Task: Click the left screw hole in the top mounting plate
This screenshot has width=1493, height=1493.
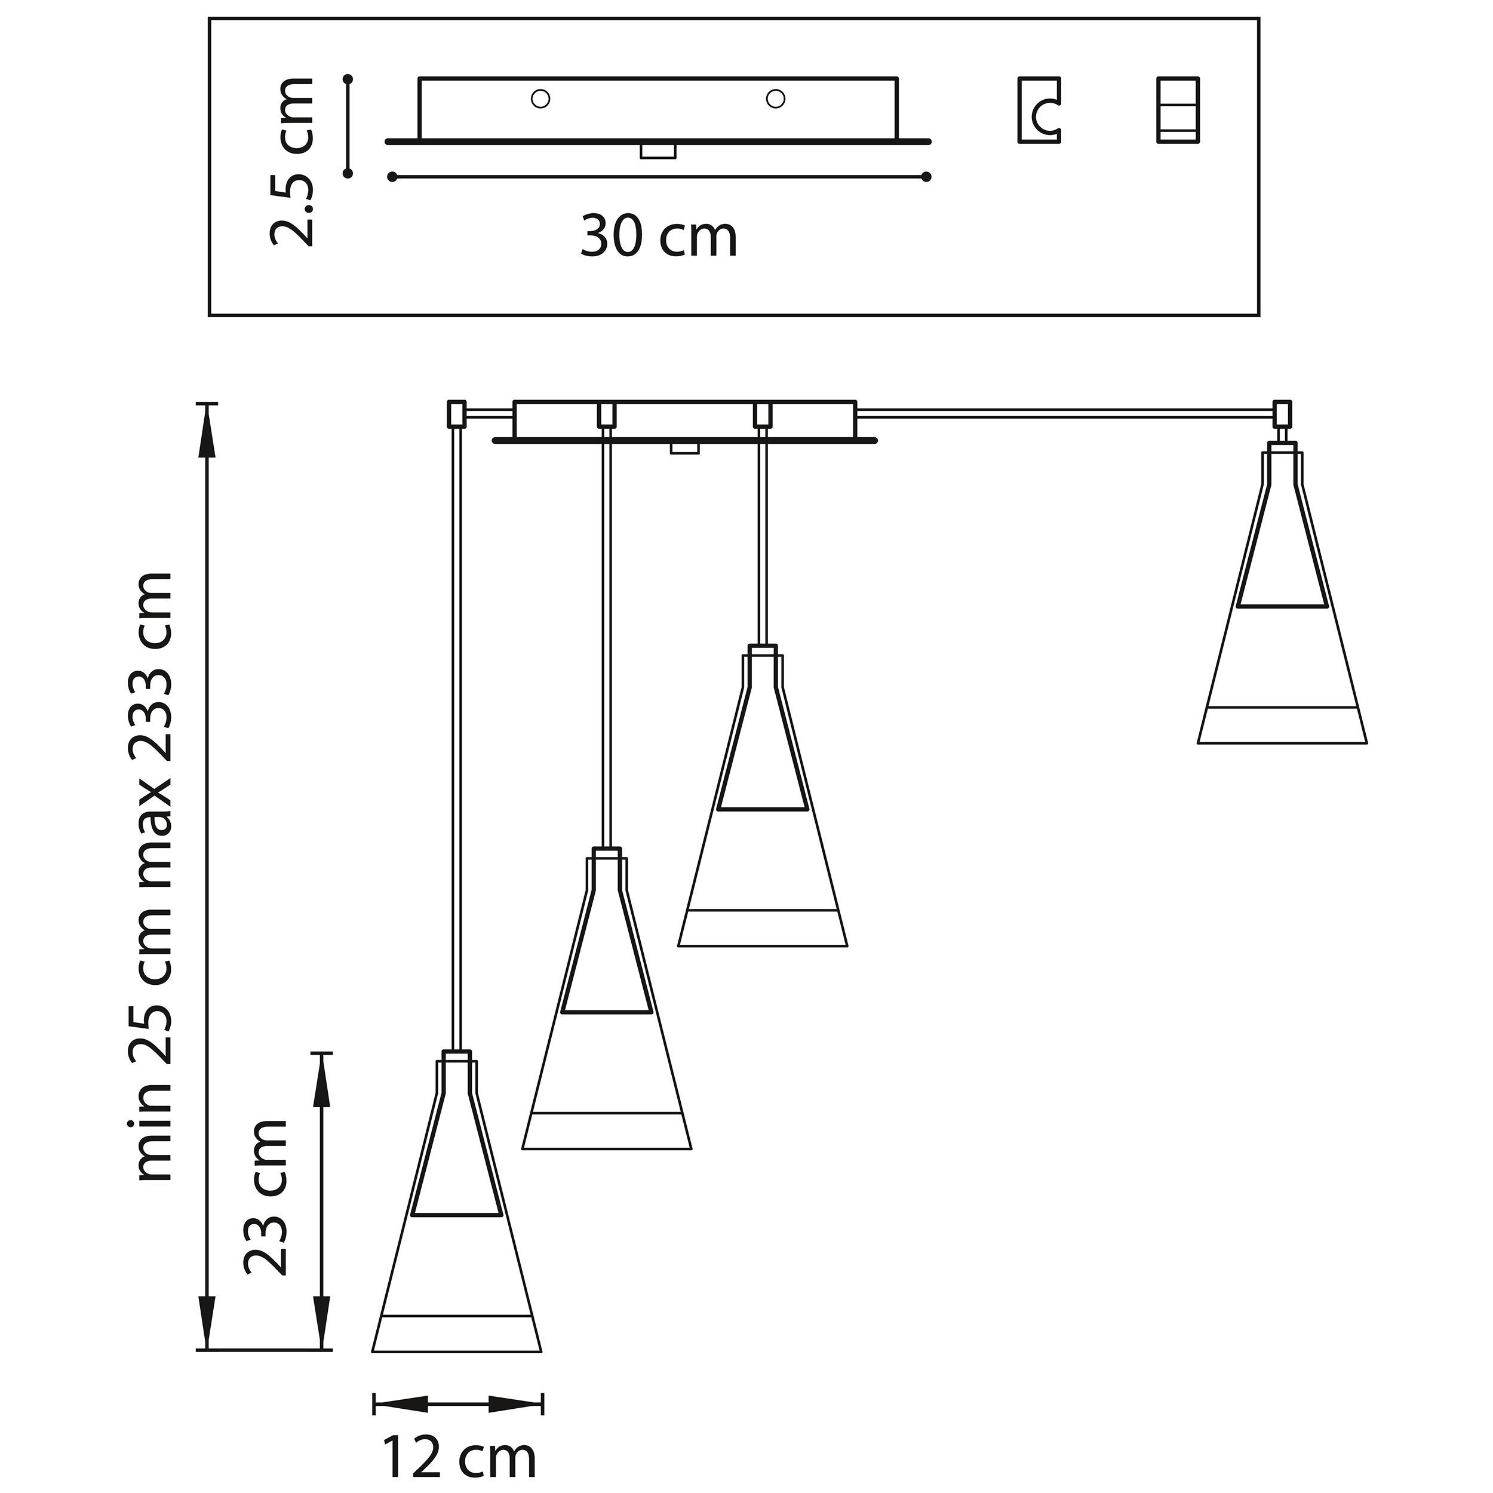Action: [x=540, y=99]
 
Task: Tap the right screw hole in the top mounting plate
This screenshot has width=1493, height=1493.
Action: [x=775, y=99]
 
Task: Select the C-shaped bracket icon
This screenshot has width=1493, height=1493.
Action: [x=1039, y=110]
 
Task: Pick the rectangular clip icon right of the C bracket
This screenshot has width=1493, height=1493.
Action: [x=1178, y=110]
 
